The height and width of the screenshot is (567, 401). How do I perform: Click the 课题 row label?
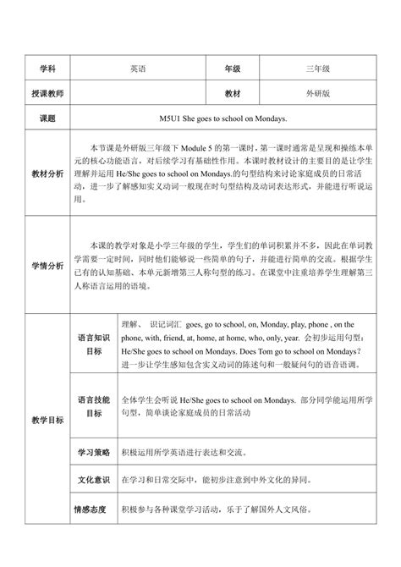[x=46, y=118]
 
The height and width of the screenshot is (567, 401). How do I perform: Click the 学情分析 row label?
[x=46, y=266]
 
